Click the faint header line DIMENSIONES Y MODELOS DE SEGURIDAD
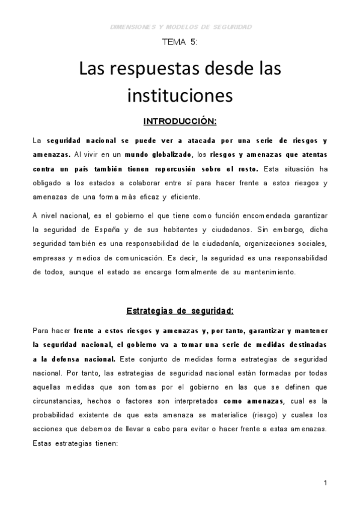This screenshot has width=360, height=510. click(182, 26)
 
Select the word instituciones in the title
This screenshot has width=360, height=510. click(180, 95)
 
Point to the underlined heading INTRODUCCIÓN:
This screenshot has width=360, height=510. click(180, 121)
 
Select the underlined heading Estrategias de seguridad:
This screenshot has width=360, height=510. click(180, 311)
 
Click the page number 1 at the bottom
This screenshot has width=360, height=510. click(325, 483)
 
